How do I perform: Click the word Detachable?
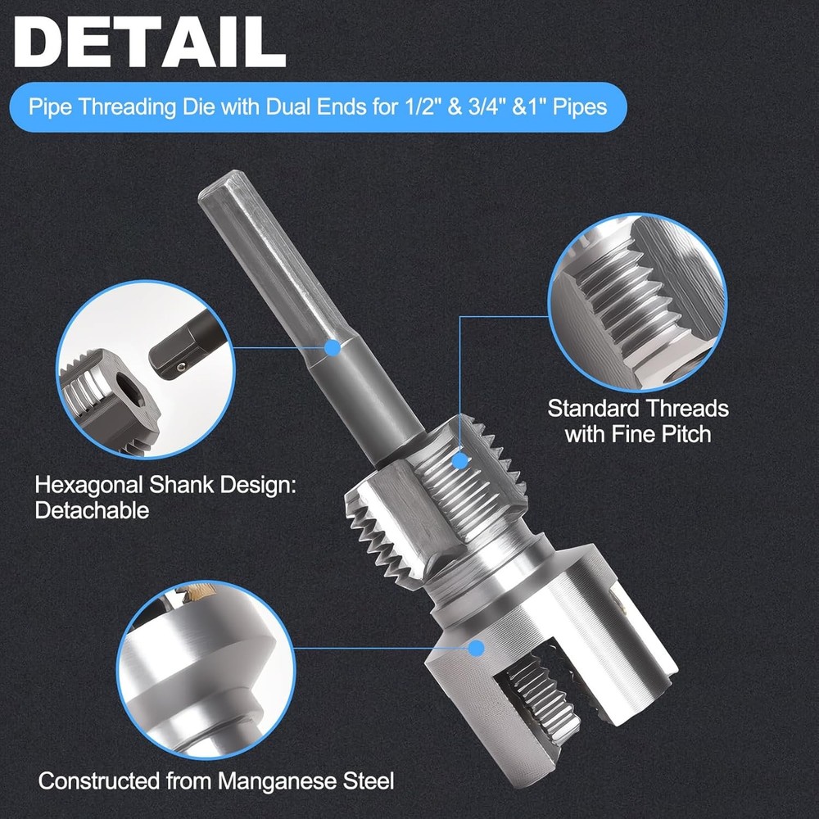(92, 510)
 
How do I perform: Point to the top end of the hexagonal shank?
(219, 184)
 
